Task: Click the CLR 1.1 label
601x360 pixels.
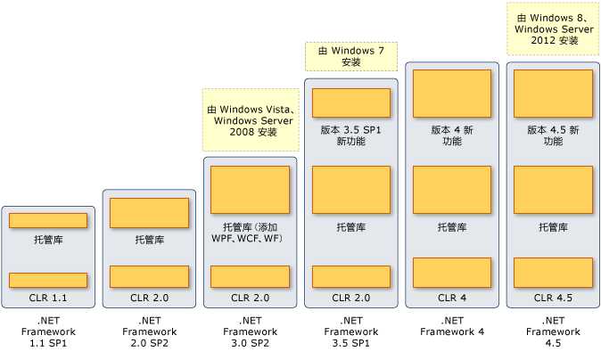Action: point(48,297)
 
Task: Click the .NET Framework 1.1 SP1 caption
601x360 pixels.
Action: point(48,331)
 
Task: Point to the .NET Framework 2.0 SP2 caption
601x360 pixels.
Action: point(149,331)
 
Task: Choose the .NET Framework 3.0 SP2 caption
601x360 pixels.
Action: point(250,331)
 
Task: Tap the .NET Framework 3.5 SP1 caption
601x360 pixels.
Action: point(351,331)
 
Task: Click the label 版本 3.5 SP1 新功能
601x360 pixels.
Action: point(351,135)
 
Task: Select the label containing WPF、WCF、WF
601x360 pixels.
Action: point(250,233)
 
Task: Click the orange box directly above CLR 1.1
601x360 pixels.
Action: point(48,280)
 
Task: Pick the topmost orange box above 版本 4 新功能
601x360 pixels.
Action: point(452,93)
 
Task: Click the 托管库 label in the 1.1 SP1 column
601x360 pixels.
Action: point(48,240)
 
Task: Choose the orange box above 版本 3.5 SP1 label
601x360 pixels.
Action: point(351,102)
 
